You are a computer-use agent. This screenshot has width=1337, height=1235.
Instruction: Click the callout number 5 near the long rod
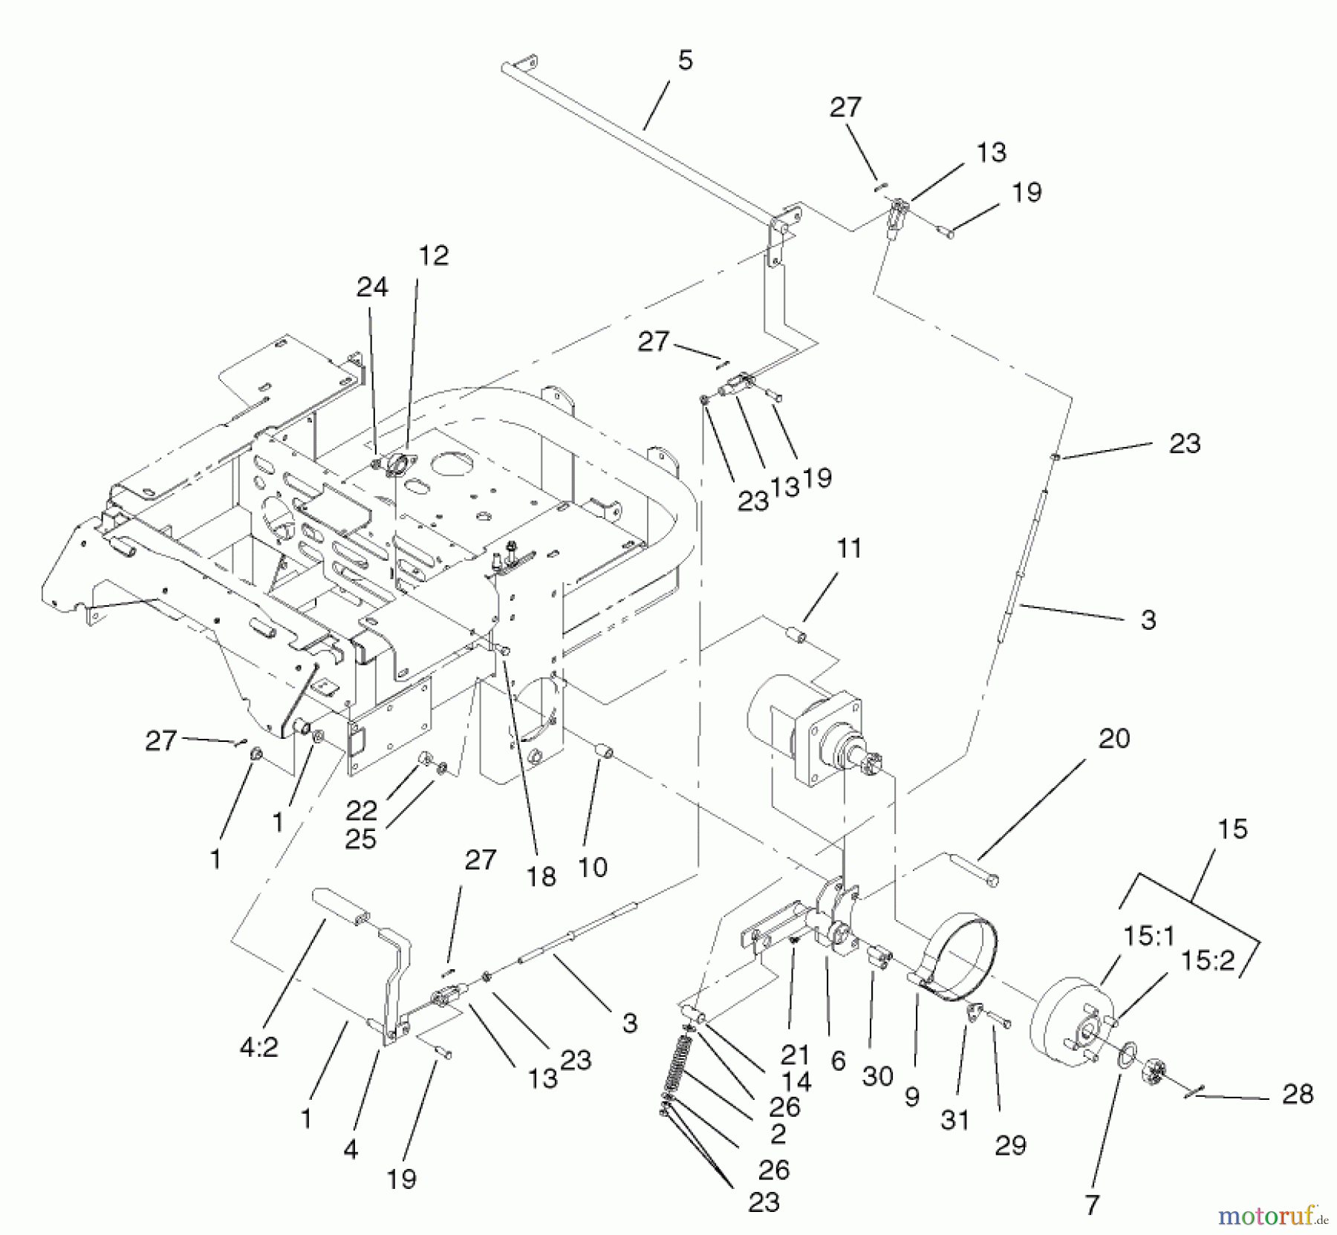685,61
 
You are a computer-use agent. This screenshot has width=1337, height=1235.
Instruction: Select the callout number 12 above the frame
434,255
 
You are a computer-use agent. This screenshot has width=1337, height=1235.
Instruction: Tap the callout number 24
372,287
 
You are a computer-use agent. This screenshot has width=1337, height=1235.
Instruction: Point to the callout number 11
849,549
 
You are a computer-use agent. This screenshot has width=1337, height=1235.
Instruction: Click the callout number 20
1113,738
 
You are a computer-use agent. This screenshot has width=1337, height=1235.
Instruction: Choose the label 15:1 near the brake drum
1148,936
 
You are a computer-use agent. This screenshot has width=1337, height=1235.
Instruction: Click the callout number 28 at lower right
1297,1094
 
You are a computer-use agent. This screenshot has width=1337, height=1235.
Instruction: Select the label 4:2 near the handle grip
258,1047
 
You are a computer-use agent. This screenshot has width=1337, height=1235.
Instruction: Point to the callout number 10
592,867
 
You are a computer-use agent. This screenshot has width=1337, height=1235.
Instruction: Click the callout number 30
876,1076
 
